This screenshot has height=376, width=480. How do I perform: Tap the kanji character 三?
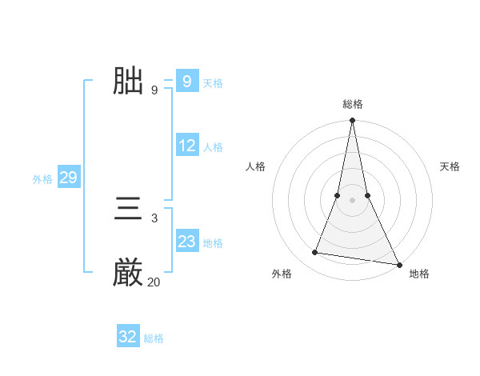pos(128,210)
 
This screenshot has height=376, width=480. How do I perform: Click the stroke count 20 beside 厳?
pos(154,282)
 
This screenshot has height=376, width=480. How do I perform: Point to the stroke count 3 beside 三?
pos(154,218)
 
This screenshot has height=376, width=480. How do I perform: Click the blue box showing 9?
pos(186,81)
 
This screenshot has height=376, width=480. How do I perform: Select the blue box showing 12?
pos(187,146)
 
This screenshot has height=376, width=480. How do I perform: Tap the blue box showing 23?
pos(187,241)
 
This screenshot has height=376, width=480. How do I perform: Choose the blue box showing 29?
pos(68,178)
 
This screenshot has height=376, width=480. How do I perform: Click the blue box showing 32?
pos(128,337)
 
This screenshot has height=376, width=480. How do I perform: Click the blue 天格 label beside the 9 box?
pos(213,83)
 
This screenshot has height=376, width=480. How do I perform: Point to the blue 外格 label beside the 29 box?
pos(42,179)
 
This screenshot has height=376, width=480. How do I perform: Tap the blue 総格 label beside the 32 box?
pos(154,338)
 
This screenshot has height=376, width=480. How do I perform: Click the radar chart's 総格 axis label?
pos(353,104)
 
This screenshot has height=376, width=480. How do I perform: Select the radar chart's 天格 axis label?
pos(450,166)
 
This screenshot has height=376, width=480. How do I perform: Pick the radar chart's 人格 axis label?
pos(255,166)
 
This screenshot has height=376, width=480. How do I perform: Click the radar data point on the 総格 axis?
pos(353,121)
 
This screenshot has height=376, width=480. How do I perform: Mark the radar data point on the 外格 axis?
pos(315,253)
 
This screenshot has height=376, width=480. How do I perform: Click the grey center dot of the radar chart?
pos(353,201)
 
